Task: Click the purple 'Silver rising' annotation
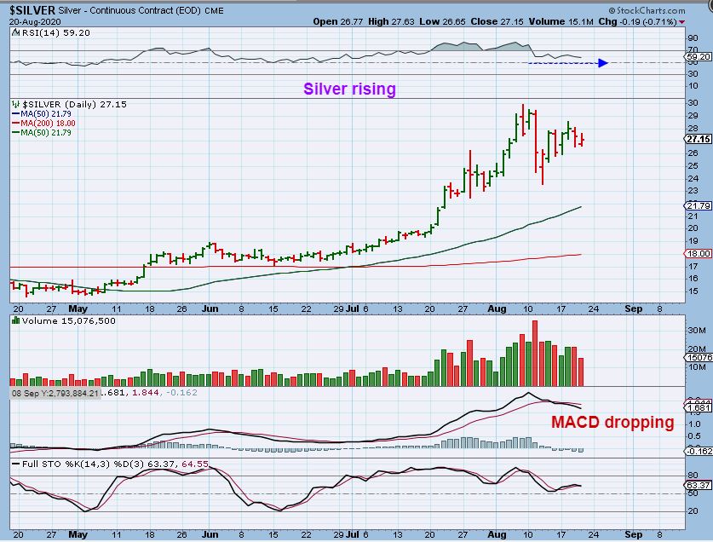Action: [350, 89]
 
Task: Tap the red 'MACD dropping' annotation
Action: [612, 422]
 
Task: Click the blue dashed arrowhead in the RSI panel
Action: [602, 62]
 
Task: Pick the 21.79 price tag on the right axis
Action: [698, 206]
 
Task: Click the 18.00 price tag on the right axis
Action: [698, 254]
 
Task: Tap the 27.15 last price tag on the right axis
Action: [698, 139]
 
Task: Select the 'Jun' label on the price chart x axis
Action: [209, 309]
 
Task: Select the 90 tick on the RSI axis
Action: [693, 37]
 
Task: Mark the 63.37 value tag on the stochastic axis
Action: [698, 486]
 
